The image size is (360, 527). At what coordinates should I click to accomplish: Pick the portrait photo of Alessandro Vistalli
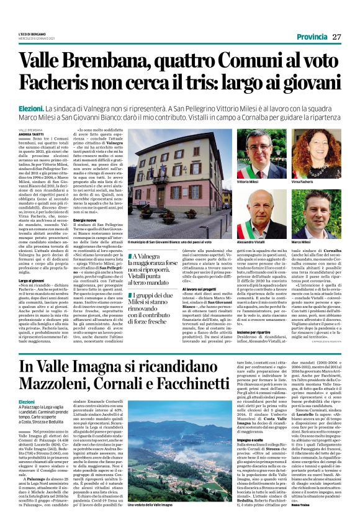tap(248, 215)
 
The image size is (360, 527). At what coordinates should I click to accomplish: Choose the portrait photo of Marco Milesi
tap(313, 215)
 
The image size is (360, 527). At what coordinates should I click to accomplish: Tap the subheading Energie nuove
tap(86, 220)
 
